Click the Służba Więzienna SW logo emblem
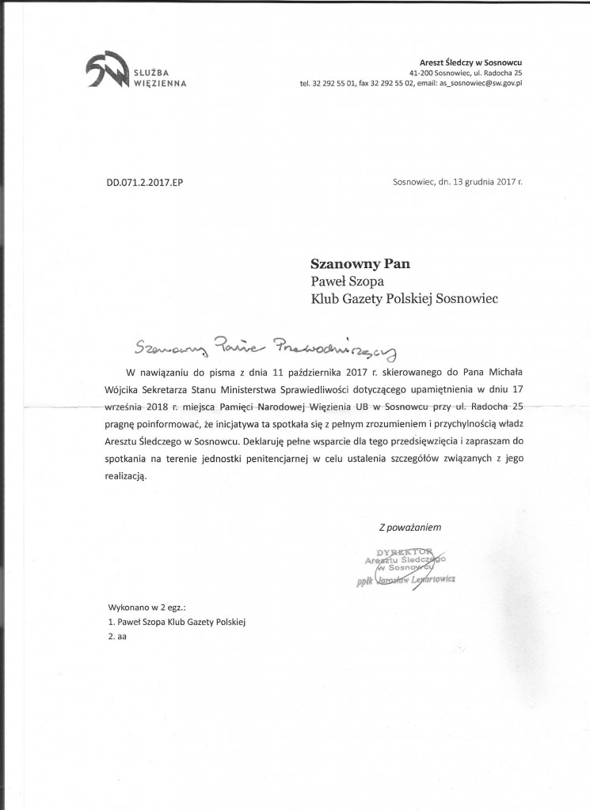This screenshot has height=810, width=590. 105,70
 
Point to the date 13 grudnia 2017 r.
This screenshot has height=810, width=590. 483,181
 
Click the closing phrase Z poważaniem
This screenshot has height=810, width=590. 409,527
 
